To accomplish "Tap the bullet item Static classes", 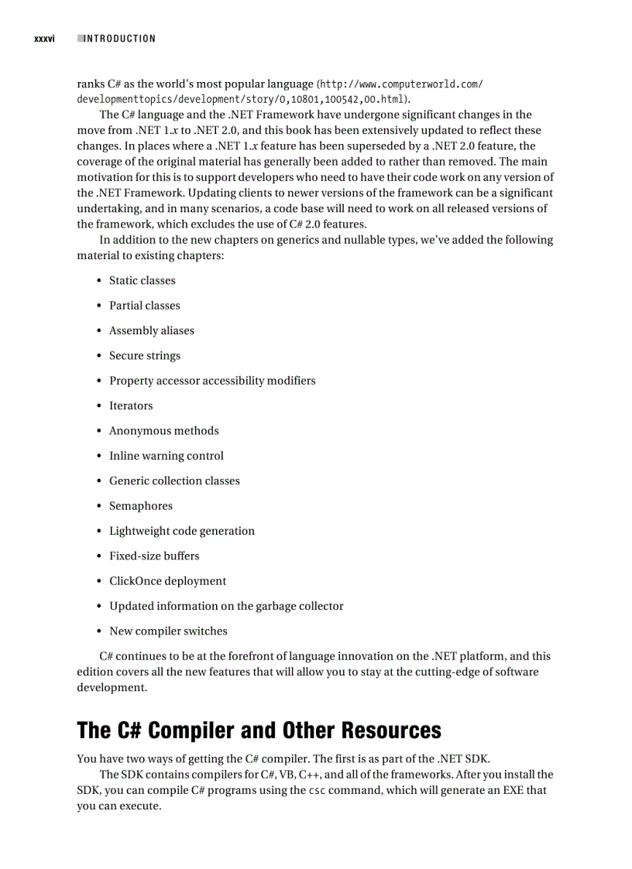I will pos(142,281).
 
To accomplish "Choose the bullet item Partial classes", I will pos(144,306).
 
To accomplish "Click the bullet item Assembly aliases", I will pos(151,331).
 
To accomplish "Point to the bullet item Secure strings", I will pos(144,356).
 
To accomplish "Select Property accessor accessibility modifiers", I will pos(211,381).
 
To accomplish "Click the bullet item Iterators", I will pos(131,405).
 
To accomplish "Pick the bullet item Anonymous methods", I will pos(163,431).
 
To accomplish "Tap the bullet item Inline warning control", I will pos(166,456).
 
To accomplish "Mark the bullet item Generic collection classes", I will pos(174,481).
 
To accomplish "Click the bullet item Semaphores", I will pos(140,506).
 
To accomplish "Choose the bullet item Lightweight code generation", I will pos(181,531).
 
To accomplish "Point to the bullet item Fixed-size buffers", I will pos(153,556).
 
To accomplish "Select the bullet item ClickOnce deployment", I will pos(167,581).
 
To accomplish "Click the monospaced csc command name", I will pos(317,791).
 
